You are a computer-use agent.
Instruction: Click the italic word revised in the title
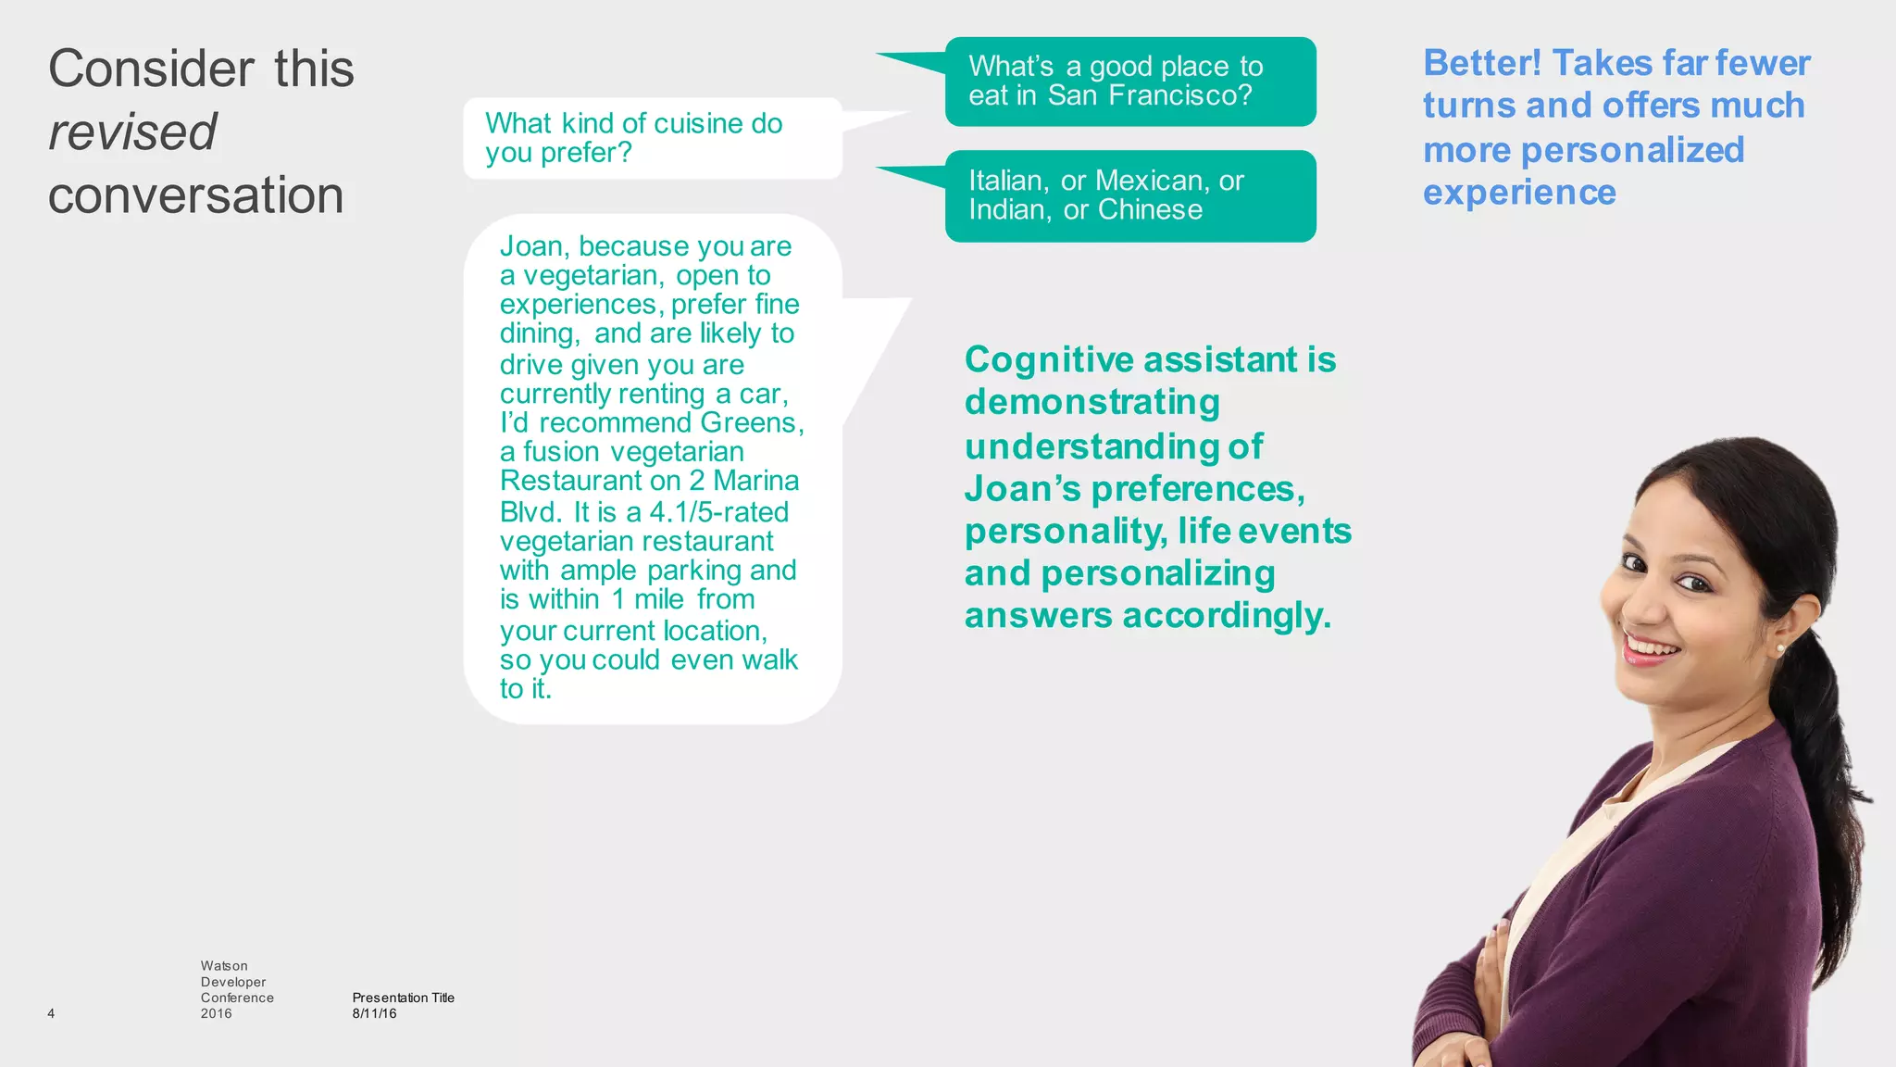132,132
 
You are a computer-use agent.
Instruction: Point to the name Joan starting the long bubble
532,246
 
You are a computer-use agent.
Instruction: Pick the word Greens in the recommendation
748,422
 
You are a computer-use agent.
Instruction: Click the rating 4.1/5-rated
719,511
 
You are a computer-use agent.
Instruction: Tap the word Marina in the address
755,481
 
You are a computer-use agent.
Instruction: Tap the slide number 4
51,1013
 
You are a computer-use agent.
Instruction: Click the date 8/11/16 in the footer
374,1013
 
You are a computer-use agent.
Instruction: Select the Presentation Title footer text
403,998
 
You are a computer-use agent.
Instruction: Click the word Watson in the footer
224,966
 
